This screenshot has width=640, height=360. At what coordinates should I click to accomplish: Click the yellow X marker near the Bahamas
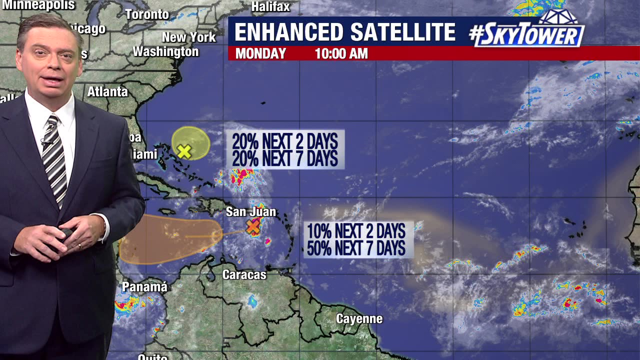184,151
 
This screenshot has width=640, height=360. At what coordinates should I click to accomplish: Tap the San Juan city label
250,212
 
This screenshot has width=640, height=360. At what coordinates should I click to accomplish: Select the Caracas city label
244,274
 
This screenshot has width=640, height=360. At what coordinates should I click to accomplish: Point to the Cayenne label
359,319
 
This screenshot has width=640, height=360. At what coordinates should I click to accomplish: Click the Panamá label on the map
144,287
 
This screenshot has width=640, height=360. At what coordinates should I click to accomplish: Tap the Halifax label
270,6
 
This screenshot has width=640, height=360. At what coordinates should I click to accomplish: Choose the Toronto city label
147,14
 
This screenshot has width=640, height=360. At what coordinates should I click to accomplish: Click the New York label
188,37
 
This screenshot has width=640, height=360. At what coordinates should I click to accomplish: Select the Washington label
165,51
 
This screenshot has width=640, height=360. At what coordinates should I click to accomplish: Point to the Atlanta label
107,92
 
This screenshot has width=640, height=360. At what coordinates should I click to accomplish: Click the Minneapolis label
39,5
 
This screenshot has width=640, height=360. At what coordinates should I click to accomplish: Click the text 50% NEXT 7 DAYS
356,248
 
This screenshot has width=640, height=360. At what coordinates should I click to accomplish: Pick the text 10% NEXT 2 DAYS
356,231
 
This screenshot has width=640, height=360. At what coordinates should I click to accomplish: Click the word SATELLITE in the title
402,32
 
